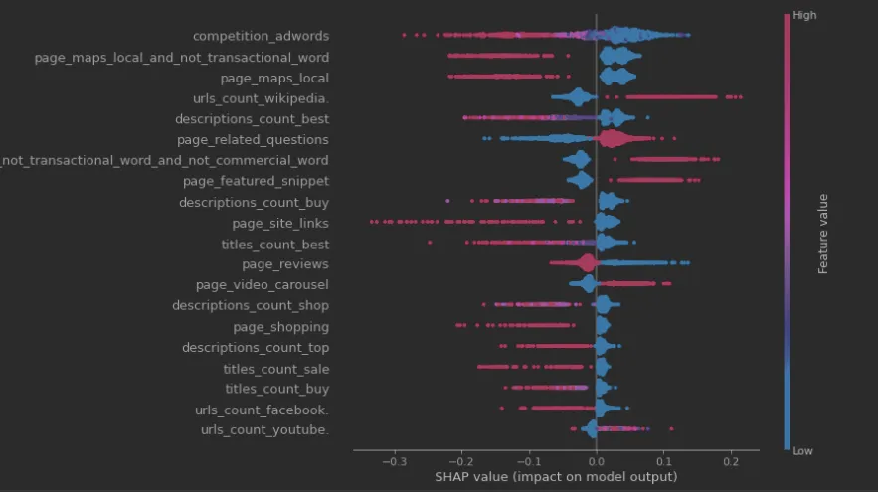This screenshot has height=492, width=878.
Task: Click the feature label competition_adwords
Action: coord(261,36)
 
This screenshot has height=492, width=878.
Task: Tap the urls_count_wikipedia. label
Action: coord(261,98)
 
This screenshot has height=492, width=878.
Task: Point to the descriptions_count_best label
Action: coord(253,119)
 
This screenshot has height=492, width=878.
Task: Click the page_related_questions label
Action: coord(253,140)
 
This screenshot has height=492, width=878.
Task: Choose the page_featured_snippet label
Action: coord(257,182)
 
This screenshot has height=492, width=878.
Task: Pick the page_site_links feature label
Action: coord(280,224)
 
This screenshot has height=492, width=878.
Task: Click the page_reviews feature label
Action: coord(285,265)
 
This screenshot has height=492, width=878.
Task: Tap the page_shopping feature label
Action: coord(281,327)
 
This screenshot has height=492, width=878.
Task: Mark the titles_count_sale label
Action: coord(276,369)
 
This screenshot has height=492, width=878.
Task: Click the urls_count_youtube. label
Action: coord(264,430)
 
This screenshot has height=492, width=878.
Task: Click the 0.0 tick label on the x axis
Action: coord(596,461)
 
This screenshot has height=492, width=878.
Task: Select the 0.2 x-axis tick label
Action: coord(731,461)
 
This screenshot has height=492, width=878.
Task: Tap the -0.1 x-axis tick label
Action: coord(528,461)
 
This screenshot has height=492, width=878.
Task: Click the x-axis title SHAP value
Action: coord(556,477)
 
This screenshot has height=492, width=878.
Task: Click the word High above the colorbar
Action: coord(805,16)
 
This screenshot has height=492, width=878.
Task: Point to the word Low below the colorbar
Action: coord(804,450)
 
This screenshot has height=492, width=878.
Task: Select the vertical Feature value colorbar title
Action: coord(823,233)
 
